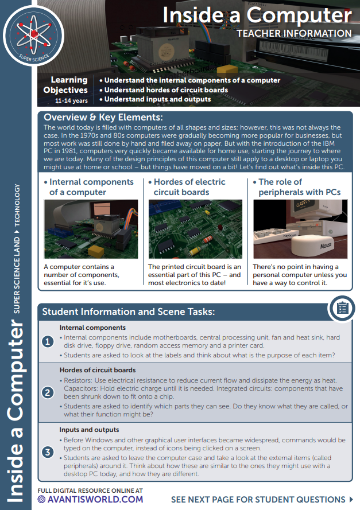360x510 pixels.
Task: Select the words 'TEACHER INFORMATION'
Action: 293,34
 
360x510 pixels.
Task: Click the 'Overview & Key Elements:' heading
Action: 103,118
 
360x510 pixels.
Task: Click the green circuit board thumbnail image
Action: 195,229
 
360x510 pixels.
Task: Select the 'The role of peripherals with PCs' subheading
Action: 299,187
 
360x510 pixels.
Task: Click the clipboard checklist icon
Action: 343,309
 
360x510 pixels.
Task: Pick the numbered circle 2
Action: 49,393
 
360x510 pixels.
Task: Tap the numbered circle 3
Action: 49,453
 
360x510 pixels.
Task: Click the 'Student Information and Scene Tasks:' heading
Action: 129,312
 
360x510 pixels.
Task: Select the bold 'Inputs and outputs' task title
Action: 90,429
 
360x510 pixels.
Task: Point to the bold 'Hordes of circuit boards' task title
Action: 98,370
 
